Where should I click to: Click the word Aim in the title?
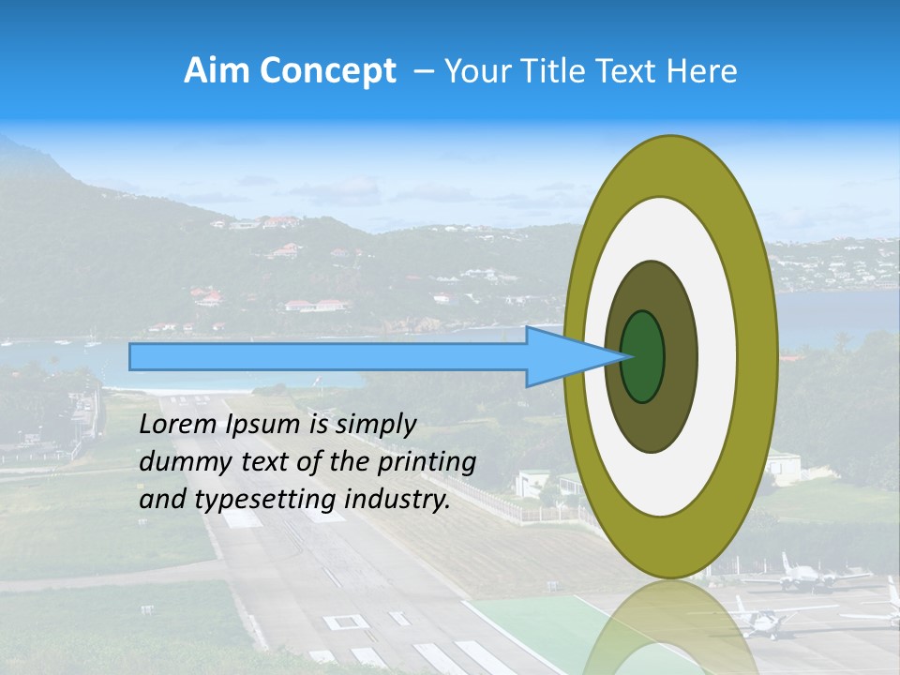pos(217,71)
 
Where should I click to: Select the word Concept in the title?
pos(326,71)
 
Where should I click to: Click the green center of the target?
pos(642,357)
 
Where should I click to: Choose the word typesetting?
pos(262,501)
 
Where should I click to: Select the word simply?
pos(375,426)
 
